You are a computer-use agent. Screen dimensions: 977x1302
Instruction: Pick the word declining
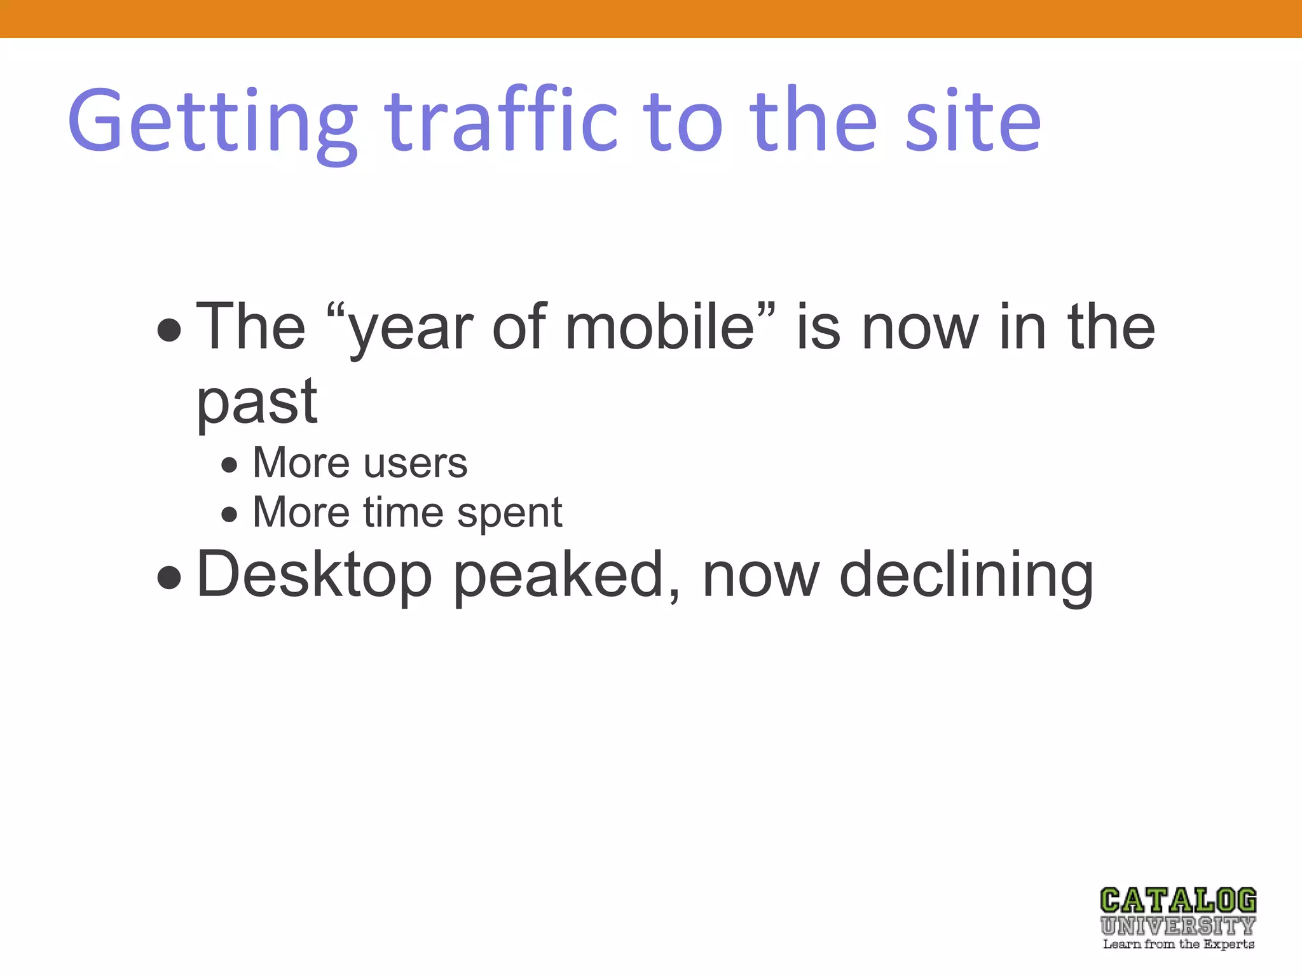(x=966, y=575)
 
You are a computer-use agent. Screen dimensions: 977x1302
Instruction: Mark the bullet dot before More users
(x=230, y=465)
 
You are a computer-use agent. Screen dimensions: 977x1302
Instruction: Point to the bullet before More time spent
(x=230, y=514)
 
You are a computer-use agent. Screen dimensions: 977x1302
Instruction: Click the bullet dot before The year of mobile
(x=169, y=330)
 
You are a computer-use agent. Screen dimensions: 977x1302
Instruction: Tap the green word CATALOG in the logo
(x=1178, y=901)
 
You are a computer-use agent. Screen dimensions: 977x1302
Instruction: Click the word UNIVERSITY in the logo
(x=1178, y=925)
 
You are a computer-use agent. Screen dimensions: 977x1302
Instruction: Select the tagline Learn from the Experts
(x=1178, y=945)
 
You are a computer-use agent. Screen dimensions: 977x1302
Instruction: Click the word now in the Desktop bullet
(x=761, y=575)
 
